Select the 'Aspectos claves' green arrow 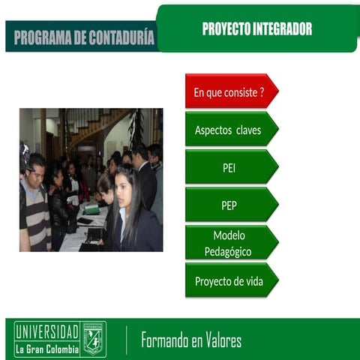click(229, 130)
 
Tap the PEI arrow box click(229, 167)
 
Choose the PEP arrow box click(229, 205)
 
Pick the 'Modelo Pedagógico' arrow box click(229, 243)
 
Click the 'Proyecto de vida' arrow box click(229, 281)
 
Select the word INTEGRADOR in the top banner click(283, 29)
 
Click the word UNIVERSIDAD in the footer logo click(47, 331)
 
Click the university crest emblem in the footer click(94, 338)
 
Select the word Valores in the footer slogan click(223, 341)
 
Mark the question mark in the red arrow click(261, 91)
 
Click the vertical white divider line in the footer click(126, 340)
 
